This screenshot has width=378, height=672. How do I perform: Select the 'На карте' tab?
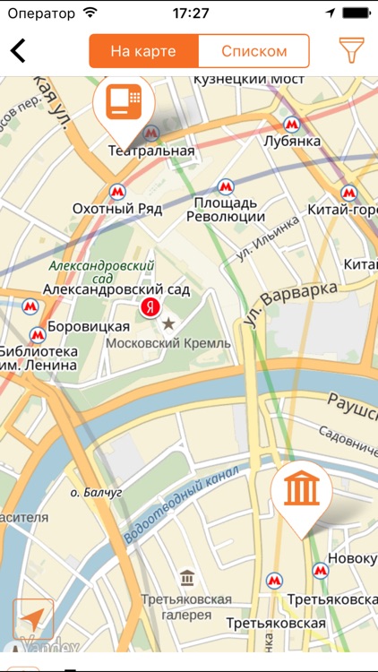143,51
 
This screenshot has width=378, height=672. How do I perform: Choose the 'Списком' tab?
253,51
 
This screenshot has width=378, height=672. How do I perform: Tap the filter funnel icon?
352,51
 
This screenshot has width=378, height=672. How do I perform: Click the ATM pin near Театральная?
124,105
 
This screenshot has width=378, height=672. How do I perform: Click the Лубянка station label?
292,142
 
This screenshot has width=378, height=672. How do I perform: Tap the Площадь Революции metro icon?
225,187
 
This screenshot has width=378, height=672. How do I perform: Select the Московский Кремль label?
168,343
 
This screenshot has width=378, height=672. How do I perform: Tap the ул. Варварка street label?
294,302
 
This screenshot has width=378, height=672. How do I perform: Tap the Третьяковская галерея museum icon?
186,577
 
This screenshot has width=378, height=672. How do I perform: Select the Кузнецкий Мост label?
243,81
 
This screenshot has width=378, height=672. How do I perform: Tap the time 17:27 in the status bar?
190,13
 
